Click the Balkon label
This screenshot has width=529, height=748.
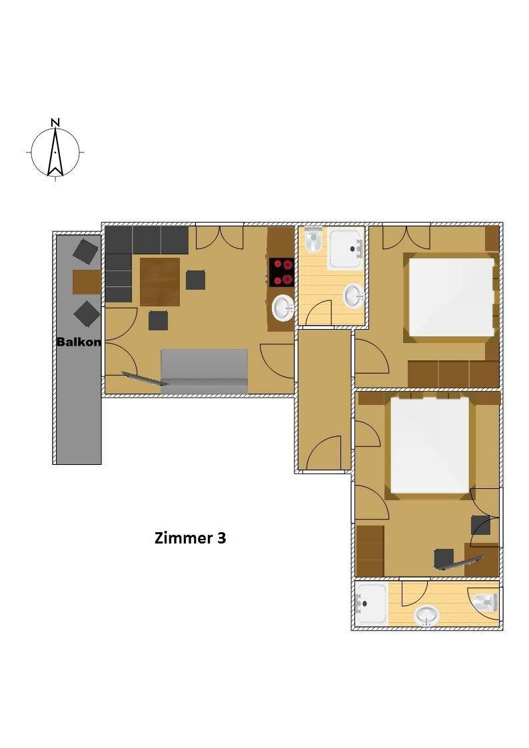point(79,342)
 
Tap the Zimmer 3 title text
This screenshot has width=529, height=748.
point(190,538)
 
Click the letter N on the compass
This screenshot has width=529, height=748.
point(56,122)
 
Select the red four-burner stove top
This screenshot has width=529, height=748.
point(282,272)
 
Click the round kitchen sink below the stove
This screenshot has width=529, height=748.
point(283,307)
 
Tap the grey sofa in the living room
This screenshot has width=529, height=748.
point(204,371)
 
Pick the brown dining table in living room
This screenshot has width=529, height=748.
point(160,282)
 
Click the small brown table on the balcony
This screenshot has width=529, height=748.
point(87,282)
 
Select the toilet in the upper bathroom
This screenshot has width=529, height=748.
point(313,240)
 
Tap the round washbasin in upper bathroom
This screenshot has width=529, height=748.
point(354,296)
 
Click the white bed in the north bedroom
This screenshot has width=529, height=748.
point(451,296)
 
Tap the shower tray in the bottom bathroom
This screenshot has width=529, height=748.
point(372,603)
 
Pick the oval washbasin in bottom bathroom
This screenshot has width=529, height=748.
point(427,615)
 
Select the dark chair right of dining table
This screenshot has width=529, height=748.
point(196,280)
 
